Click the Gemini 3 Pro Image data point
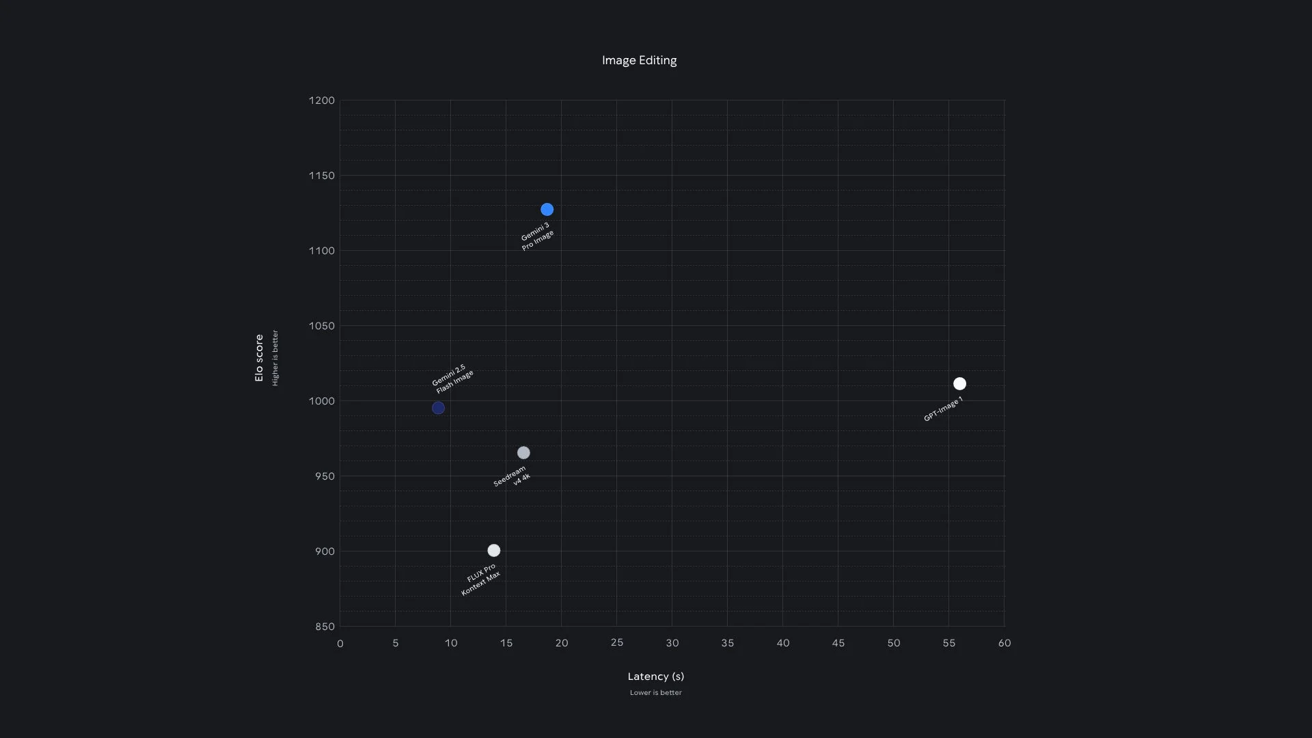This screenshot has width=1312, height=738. point(547,210)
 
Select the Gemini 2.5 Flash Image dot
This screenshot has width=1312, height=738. point(438,408)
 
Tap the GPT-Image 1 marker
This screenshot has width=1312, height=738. point(959,384)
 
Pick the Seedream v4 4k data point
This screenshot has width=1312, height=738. point(523,453)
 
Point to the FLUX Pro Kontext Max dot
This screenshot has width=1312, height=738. point(494,551)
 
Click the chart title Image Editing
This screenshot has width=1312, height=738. point(639,60)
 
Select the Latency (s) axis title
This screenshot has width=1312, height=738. point(655,676)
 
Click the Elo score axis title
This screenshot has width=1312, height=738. point(259,358)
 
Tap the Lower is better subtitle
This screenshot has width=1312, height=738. point(655,693)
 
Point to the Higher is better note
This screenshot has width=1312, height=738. point(275,358)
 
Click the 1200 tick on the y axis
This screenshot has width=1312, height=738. point(322,100)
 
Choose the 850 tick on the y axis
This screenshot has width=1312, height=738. point(325,627)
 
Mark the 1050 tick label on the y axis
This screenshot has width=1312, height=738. point(322,326)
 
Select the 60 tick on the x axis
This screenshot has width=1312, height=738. point(1004,643)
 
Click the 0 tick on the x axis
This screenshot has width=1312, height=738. point(340,644)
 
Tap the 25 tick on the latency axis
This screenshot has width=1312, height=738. point(616,642)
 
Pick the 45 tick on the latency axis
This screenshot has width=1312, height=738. point(838,643)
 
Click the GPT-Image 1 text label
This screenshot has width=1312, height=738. point(943,409)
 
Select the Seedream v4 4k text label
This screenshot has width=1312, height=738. point(512,476)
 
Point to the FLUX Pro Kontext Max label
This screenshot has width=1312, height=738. point(481,580)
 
